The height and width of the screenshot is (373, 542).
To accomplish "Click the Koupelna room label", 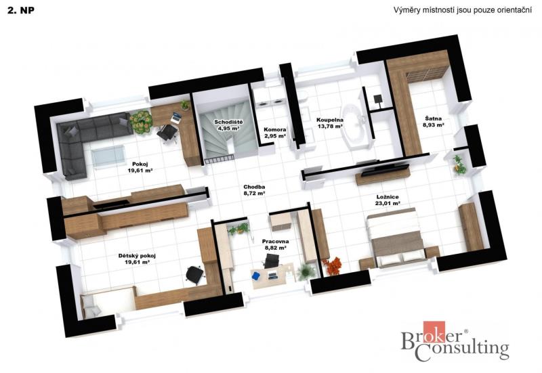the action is [330, 120].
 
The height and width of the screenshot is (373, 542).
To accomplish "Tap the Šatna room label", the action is [433, 119].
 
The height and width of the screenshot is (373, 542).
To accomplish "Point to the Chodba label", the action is [254, 188].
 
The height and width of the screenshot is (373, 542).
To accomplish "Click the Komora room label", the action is [275, 130].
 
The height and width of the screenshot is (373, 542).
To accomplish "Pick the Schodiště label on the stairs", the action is [228, 123].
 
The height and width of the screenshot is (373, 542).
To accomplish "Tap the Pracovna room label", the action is [275, 242].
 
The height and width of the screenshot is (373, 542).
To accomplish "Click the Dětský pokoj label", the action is [137, 256].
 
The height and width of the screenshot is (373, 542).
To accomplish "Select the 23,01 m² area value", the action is [388, 203].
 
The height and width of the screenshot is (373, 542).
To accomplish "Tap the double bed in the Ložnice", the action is [396, 237].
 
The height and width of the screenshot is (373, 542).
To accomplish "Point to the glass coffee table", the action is [108, 156].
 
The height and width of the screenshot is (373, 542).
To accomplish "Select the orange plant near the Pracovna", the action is [333, 266].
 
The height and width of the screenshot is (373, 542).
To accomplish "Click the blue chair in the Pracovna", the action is [256, 276].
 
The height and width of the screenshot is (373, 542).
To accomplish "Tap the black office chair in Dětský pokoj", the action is [194, 275].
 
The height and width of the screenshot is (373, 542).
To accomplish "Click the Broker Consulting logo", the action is [455, 341].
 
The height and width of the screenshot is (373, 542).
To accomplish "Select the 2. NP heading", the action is [21, 10].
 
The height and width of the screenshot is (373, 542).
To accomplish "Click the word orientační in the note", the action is [514, 10].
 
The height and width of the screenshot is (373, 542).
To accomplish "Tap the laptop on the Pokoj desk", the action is [176, 117].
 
